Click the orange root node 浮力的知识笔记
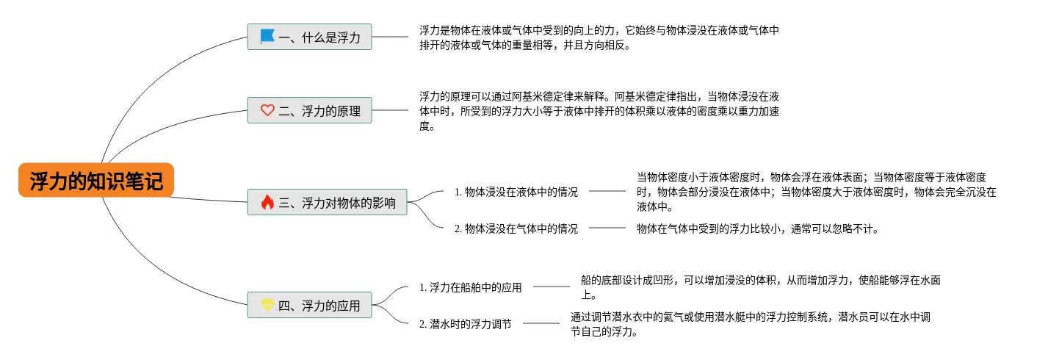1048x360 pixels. [x=96, y=180]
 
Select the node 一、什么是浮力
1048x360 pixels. [x=309, y=37]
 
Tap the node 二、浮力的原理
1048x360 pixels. [x=309, y=110]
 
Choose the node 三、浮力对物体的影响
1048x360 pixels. [x=327, y=202]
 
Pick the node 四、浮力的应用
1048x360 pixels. [x=309, y=305]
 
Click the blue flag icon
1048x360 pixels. [x=267, y=36]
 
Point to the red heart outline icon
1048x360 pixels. [x=267, y=110]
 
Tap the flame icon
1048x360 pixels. [x=267, y=202]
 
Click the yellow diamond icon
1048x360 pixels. [x=267, y=305]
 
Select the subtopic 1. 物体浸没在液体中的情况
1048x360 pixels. [x=516, y=192]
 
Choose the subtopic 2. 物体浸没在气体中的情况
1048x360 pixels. [x=516, y=228]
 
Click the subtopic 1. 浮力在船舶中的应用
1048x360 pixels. [x=471, y=287]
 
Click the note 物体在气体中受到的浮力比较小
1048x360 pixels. [x=757, y=228]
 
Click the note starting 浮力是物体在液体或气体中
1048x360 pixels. [x=599, y=37]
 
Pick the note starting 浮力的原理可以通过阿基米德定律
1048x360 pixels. [x=599, y=110]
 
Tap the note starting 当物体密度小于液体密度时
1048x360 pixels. [x=815, y=192]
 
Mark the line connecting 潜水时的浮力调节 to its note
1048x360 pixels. [x=541, y=323]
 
